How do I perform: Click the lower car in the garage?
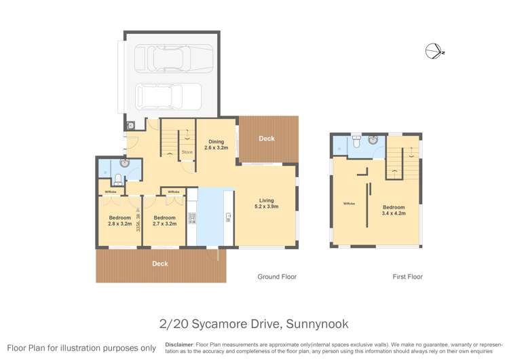coord(168,96)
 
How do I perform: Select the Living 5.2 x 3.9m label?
coord(266,203)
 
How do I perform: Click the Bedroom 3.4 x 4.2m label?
coord(394,210)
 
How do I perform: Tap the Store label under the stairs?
coord(187,151)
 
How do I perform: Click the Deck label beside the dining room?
coord(267,139)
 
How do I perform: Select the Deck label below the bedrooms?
coord(160,264)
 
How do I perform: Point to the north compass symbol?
coord(432,51)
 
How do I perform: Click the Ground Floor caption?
coord(276,276)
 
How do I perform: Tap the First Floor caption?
coord(407,276)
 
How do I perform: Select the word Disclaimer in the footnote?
coord(179,345)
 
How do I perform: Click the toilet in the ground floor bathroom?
coord(117,179)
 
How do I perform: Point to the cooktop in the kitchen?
coord(192,218)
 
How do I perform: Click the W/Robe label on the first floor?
coord(349,202)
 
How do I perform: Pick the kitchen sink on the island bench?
coord(229,217)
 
